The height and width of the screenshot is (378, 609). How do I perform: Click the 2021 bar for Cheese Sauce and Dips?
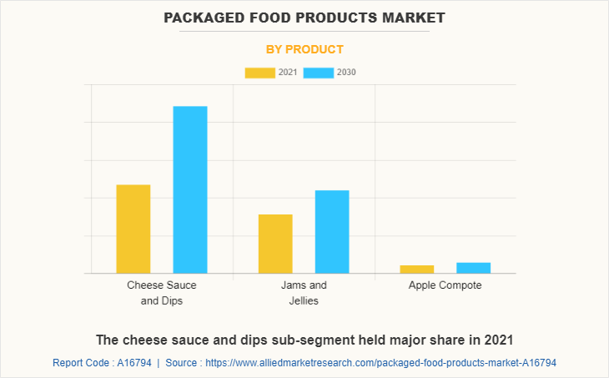[x=133, y=229]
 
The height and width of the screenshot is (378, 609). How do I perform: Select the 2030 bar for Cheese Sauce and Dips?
[x=190, y=189]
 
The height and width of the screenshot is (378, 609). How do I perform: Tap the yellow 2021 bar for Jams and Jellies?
[x=275, y=244]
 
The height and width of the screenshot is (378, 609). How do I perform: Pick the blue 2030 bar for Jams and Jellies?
[x=332, y=231]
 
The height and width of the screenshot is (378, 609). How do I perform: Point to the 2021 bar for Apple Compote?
[x=417, y=269]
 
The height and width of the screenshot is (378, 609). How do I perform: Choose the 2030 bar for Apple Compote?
[x=474, y=267]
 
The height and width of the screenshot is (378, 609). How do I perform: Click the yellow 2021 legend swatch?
[x=259, y=73]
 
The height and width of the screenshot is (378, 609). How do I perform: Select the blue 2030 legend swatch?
[x=318, y=73]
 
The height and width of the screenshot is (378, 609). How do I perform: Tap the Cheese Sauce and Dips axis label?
[x=162, y=292]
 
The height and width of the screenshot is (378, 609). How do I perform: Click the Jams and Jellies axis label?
[x=304, y=292]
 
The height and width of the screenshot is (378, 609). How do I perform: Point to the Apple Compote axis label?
[x=445, y=285]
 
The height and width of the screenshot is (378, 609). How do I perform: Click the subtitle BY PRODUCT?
[x=304, y=49]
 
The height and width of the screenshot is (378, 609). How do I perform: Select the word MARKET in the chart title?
[x=411, y=17]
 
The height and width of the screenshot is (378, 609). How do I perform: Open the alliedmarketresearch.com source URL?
[x=380, y=363]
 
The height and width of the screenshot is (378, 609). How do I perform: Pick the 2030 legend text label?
[x=346, y=73]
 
